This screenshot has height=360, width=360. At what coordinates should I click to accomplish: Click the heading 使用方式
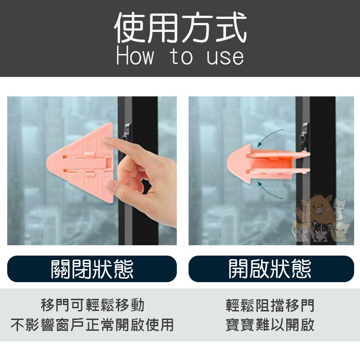pos(180,28)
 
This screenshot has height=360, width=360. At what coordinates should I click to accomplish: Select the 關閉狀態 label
pos(92,269)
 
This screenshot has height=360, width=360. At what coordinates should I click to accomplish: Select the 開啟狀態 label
pos(270,269)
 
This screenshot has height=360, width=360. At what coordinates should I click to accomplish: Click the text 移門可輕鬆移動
pos(93,305)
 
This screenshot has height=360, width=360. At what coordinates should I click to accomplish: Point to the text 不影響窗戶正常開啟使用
pos(92,324)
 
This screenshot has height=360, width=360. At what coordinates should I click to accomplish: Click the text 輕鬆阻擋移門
pos(270,305)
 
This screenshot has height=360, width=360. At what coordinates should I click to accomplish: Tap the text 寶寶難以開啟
pos(270,324)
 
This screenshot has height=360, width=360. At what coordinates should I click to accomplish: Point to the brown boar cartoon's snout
pos(318,210)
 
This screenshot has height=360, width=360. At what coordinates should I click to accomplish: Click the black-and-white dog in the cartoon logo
pos(319,230)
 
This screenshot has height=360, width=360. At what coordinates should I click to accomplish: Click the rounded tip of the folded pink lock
pos(229,163)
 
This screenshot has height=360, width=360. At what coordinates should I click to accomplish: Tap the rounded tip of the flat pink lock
pos(49,164)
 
